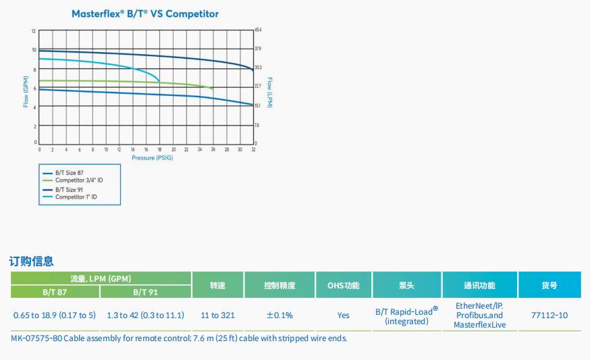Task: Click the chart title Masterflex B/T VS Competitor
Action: click(x=145, y=14)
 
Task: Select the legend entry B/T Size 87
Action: click(x=70, y=174)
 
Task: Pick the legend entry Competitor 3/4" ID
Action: click(x=79, y=180)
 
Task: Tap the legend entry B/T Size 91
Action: click(x=70, y=190)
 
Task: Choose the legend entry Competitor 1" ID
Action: click(x=76, y=197)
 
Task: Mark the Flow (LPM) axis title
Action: click(x=269, y=93)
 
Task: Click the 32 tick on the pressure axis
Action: click(x=253, y=149)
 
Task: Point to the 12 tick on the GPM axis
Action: click(x=33, y=31)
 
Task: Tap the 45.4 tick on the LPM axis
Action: click(x=258, y=30)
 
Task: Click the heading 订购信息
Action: click(x=31, y=261)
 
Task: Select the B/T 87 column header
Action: click(x=55, y=292)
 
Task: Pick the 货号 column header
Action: click(x=549, y=285)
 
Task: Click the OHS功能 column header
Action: click(x=343, y=285)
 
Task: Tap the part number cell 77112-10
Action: click(x=549, y=315)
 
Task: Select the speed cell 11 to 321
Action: click(x=217, y=315)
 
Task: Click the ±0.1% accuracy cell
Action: click(x=279, y=315)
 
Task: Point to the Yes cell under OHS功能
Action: click(x=343, y=315)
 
